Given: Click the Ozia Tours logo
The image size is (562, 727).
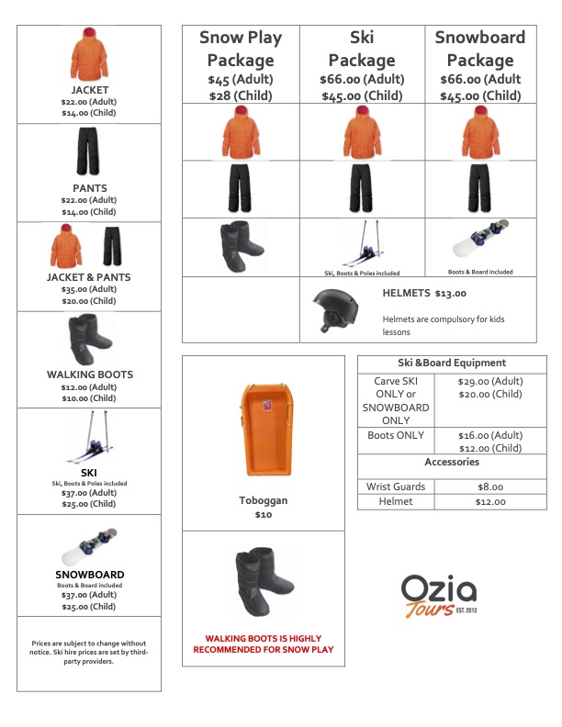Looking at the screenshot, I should click(438, 597).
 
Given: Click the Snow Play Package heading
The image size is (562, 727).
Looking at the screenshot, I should click(241, 50).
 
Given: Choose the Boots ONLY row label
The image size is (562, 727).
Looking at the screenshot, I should click(396, 435).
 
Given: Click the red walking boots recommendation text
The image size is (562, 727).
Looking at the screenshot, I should click(263, 643).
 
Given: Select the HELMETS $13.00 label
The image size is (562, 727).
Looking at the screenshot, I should click(423, 294).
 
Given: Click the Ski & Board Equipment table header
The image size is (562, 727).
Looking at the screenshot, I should click(452, 363).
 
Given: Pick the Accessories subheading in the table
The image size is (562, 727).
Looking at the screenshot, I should click(452, 462).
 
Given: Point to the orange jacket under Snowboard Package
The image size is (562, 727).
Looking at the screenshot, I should click(480, 133).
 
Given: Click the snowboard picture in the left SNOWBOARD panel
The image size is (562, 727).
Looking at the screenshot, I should click(89, 548).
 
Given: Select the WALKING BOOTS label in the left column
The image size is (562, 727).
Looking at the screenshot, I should click(89, 375).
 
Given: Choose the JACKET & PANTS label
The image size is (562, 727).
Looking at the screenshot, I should click(89, 276).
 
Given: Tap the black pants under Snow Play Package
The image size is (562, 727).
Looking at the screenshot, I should click(241, 189).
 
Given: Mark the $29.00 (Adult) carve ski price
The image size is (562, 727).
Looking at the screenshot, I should click(489, 380).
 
